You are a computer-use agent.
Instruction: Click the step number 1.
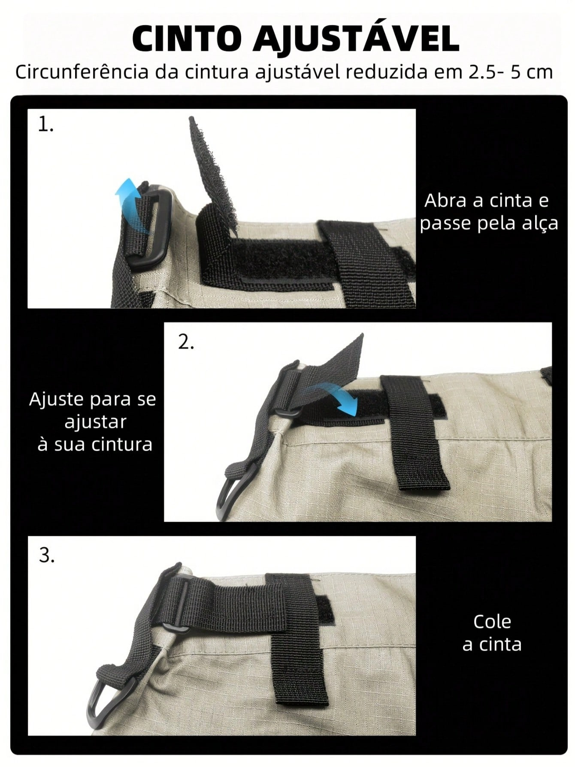pyautogui.click(x=45, y=125)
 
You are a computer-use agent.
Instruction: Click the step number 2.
pyautogui.click(x=186, y=342)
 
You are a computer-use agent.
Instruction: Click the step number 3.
pyautogui.click(x=47, y=556)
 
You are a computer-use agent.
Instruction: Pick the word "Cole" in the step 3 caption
pyautogui.click(x=492, y=622)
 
